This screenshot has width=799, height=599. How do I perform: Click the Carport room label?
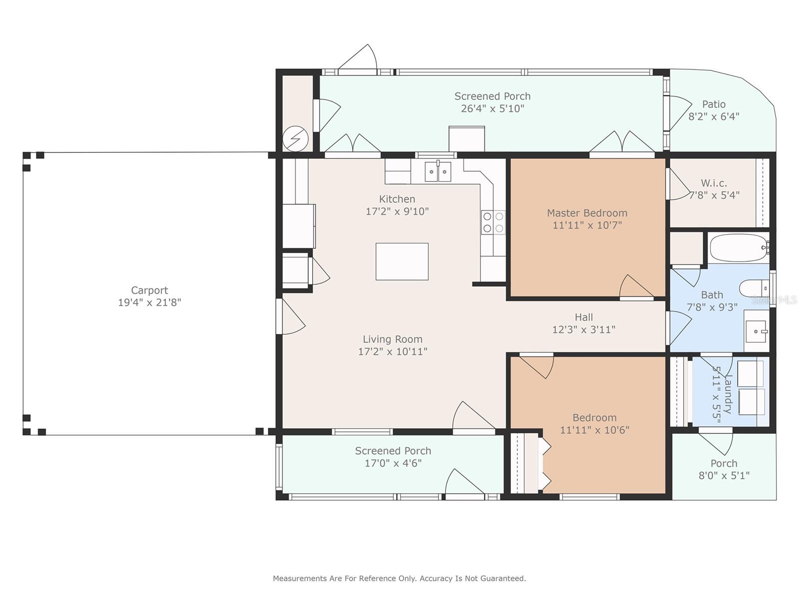click(x=149, y=290)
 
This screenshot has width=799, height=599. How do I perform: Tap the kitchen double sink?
click(x=438, y=171)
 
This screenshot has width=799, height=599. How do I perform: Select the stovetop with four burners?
click(x=493, y=222)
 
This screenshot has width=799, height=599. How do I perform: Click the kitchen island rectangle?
click(x=402, y=262)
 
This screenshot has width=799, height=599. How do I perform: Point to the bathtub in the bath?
click(x=739, y=248)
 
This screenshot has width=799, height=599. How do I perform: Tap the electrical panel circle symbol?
click(x=296, y=139)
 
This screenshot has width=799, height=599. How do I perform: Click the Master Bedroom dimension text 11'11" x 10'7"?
click(x=587, y=225)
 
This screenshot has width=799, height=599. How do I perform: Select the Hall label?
click(x=584, y=317)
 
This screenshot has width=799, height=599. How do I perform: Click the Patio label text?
click(x=714, y=104)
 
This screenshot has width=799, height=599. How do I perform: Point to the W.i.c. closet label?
click(x=714, y=183)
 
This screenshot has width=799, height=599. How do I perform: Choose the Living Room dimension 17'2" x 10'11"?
click(x=393, y=351)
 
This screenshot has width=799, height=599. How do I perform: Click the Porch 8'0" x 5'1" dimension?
click(x=724, y=475)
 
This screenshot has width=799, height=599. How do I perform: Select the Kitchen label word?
click(x=397, y=199)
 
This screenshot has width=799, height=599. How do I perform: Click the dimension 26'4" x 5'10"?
click(x=492, y=108)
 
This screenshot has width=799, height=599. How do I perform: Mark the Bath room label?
click(x=712, y=295)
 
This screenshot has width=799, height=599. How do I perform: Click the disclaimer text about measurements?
click(x=399, y=578)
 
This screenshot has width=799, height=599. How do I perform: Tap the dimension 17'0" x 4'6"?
click(x=393, y=463)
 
